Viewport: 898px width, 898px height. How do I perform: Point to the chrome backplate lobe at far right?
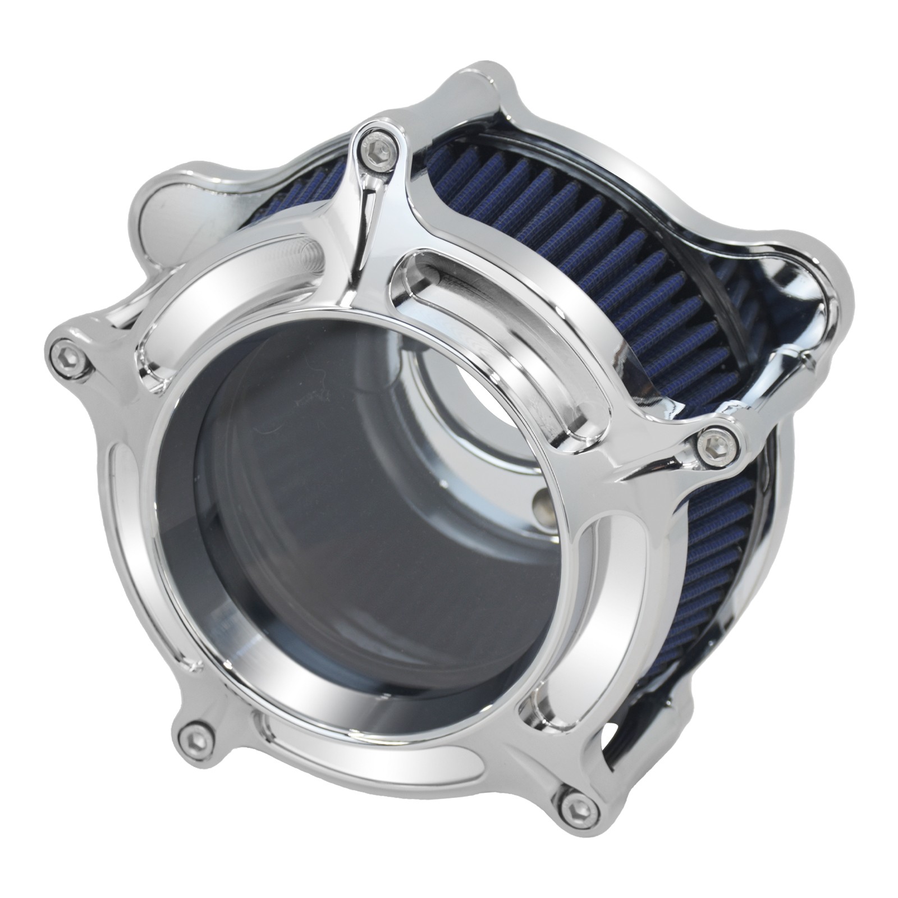[x=808, y=292]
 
